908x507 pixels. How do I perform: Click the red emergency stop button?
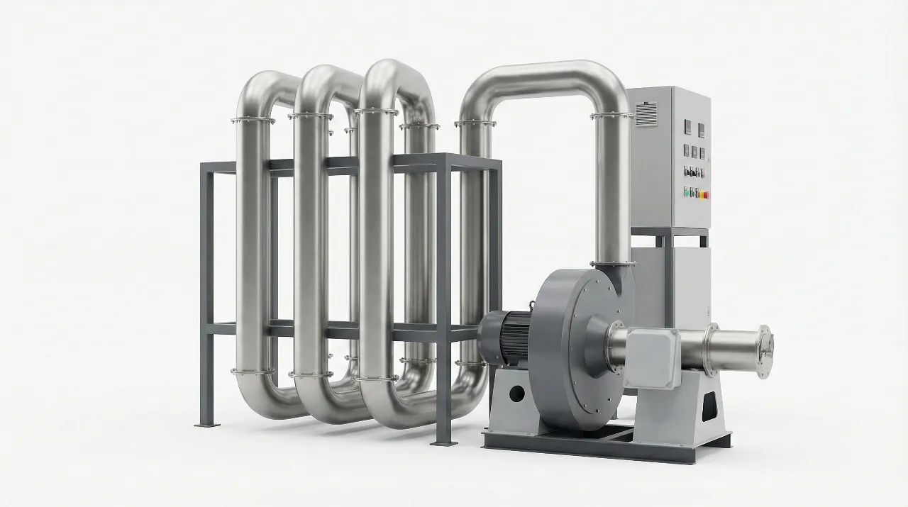705,193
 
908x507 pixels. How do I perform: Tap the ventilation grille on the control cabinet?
646,113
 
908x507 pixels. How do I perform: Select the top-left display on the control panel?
687,128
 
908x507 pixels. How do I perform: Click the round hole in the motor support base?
516,392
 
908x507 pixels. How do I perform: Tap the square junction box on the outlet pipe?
652,357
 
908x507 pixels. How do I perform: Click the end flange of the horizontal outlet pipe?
764,347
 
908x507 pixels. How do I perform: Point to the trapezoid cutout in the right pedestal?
708,408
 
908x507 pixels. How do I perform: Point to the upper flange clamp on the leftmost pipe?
253,120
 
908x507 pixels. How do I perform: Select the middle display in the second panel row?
694,151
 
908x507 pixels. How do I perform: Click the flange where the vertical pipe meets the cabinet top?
611,115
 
